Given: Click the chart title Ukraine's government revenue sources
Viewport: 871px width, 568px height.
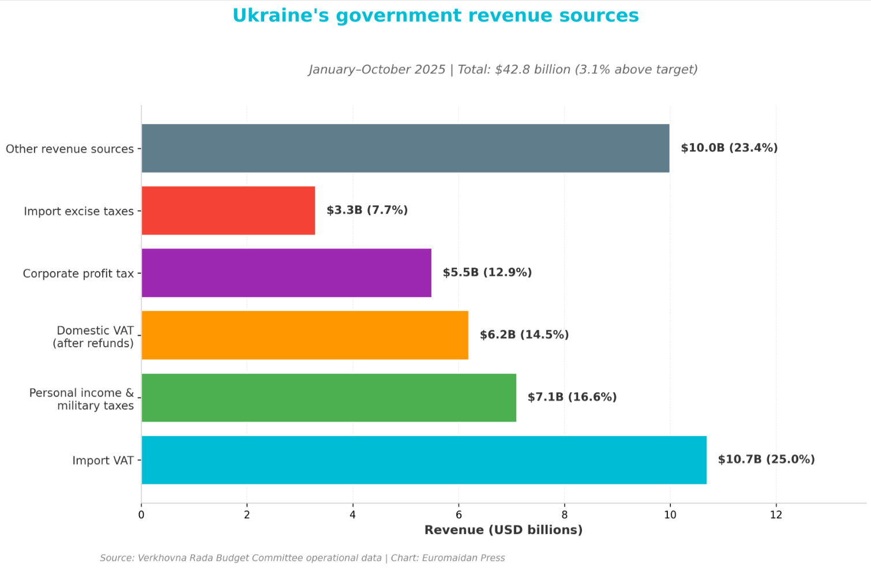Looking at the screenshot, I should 435,16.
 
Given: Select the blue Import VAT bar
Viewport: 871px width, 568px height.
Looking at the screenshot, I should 424,460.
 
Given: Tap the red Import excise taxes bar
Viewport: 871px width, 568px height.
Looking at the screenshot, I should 228,210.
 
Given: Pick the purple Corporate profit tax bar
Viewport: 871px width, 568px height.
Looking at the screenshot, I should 287,273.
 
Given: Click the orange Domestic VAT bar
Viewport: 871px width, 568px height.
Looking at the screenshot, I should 305,335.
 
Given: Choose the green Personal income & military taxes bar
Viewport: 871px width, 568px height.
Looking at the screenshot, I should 329,397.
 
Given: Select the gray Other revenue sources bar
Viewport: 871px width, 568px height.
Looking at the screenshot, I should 406,148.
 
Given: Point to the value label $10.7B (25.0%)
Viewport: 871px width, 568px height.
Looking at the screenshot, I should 766,460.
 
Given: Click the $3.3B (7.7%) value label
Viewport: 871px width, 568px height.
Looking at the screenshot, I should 367,210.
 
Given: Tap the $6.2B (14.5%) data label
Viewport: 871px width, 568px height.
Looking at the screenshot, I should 524,335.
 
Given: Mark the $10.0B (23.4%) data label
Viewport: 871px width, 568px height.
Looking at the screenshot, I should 729,148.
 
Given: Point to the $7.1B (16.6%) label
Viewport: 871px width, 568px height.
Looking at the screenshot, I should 572,397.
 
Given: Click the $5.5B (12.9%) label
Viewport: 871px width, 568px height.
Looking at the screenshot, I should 487,273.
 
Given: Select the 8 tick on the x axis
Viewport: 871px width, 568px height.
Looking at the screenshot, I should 564,515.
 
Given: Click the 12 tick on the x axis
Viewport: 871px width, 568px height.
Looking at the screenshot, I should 776,515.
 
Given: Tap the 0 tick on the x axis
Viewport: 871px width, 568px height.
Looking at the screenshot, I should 141,515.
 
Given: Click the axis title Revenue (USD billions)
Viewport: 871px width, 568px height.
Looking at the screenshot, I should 504,530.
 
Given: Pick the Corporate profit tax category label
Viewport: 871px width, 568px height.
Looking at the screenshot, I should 78,273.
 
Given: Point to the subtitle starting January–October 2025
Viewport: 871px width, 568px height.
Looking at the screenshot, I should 503,70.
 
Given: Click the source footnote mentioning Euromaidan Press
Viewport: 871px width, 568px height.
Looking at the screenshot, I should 302,558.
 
